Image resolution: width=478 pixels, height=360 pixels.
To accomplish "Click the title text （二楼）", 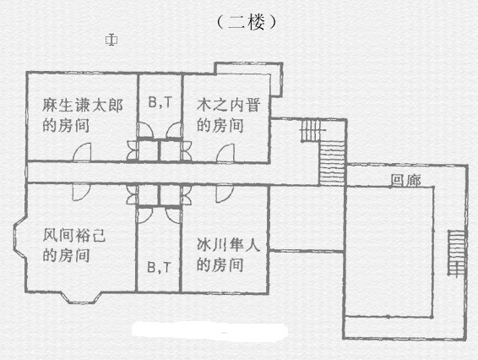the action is [x=247, y=22].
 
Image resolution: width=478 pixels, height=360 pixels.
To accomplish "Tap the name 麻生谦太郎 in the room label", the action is [x=82, y=106].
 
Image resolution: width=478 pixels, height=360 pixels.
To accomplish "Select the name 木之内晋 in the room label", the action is [x=228, y=105].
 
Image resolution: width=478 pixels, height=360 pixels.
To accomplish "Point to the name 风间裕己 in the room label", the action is [x=74, y=235].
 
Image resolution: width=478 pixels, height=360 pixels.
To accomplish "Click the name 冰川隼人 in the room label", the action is [x=228, y=245].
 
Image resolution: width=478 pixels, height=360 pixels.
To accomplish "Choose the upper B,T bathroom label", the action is [x=160, y=102].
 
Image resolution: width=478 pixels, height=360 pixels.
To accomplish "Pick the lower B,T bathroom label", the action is [x=160, y=267].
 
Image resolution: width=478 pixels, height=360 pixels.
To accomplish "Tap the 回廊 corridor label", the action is [x=405, y=180].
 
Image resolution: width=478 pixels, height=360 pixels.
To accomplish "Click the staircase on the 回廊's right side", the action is [x=456, y=253].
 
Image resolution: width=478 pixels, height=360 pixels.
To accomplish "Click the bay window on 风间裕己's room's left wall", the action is [x=19, y=237].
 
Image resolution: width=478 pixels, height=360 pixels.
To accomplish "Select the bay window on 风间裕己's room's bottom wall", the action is [x=80, y=297].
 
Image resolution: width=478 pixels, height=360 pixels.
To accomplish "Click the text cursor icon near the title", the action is [x=111, y=40].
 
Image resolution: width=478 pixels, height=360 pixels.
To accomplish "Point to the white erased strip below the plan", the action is [x=209, y=330].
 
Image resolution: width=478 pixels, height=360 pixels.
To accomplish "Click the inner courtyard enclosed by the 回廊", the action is [x=390, y=251].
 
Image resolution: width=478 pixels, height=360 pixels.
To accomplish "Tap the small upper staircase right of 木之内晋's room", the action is [x=311, y=130].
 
